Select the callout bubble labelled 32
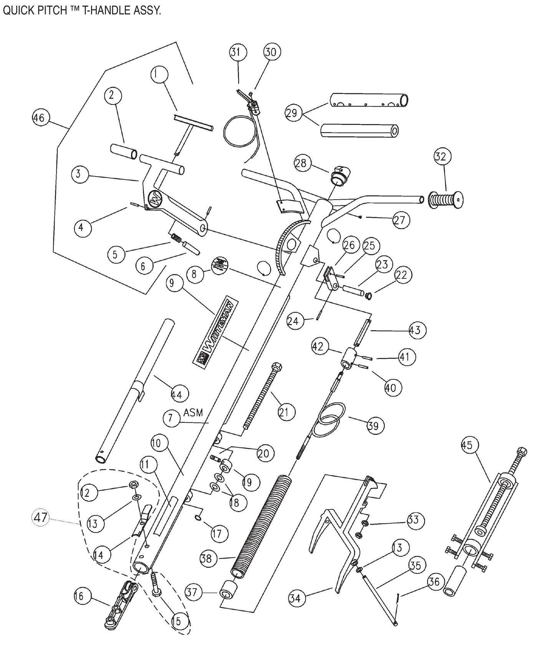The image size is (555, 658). (443, 157)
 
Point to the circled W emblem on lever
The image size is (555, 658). (155, 199)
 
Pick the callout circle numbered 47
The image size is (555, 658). (41, 518)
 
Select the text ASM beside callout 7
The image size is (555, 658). (193, 413)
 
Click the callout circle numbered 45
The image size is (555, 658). (467, 445)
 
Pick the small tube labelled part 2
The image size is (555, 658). (123, 151)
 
